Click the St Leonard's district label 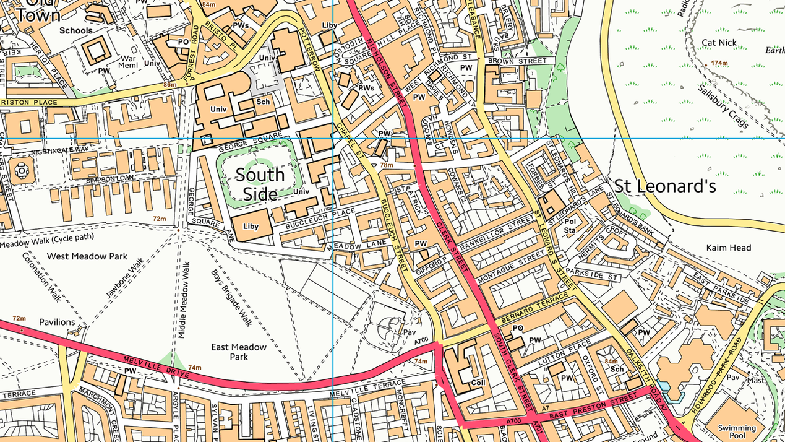pos(664,186)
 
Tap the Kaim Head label pos(729,248)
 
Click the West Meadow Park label pos(87,256)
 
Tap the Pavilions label pos(57,322)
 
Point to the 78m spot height pos(387,165)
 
